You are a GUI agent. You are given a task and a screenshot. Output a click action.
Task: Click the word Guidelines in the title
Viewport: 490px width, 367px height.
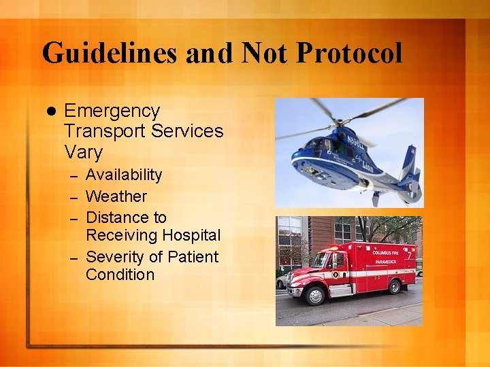109,53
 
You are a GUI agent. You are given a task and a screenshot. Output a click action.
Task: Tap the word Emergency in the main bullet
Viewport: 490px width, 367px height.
112,111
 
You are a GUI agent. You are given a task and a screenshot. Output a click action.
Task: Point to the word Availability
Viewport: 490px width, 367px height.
124,175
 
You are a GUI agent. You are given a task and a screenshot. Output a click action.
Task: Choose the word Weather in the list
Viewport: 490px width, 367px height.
116,196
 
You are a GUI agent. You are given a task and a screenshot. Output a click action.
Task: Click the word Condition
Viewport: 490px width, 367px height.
120,275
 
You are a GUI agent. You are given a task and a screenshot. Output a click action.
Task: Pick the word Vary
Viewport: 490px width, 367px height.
83,152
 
